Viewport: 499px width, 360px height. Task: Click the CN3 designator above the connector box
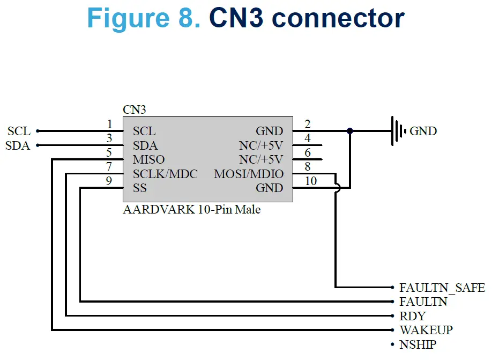(x=134, y=110)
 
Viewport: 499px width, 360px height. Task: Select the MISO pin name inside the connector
(x=148, y=160)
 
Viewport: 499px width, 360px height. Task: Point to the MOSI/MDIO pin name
(x=249, y=174)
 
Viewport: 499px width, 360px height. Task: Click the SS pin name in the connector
(x=139, y=188)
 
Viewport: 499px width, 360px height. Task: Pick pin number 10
(x=311, y=181)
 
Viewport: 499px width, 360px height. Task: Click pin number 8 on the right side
(x=308, y=167)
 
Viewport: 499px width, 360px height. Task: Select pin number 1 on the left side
(x=109, y=124)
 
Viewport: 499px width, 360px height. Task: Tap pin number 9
(x=109, y=181)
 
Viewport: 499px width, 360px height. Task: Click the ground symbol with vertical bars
(x=397, y=130)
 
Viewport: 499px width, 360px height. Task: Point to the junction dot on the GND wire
(x=350, y=130)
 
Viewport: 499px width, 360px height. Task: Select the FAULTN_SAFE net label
(x=442, y=288)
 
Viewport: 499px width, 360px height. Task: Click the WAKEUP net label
(x=426, y=330)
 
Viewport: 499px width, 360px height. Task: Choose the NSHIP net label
(x=418, y=344)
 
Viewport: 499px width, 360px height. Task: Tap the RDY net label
(x=412, y=316)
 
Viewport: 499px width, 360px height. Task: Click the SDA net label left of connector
(x=18, y=145)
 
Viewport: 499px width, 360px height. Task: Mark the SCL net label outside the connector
(x=19, y=131)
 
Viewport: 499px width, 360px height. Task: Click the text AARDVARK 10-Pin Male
(x=191, y=209)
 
